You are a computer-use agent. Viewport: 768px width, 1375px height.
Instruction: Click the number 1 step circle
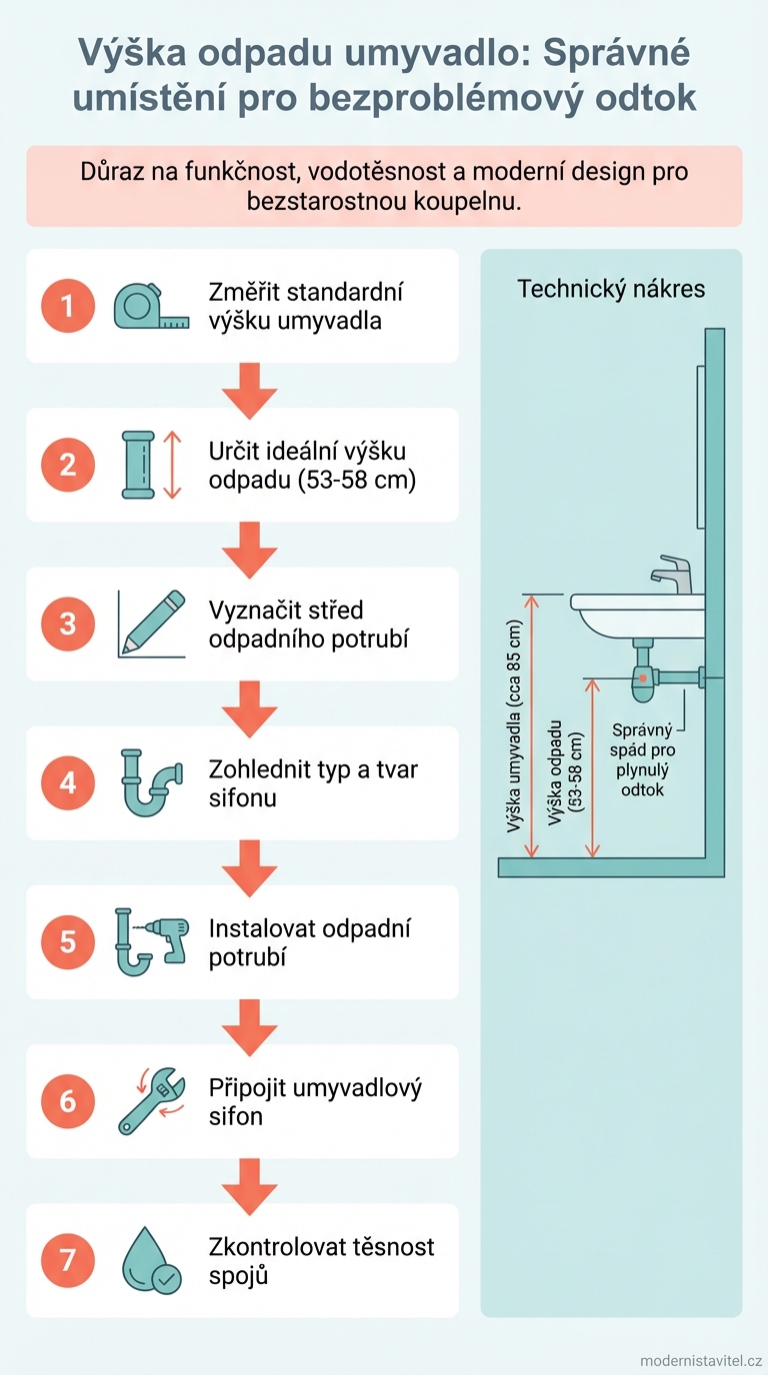[x=68, y=305]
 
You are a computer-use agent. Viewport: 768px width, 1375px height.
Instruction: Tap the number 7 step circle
[x=68, y=1260]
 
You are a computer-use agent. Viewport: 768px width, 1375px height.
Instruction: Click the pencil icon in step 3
[x=153, y=623]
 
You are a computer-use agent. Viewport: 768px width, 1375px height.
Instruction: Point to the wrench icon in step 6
[x=151, y=1101]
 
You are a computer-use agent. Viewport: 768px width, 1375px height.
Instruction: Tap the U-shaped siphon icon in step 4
[x=151, y=782]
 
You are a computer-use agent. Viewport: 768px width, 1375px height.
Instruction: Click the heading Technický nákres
[x=611, y=289]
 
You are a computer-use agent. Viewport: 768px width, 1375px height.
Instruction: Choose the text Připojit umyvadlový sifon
[x=315, y=1101]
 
